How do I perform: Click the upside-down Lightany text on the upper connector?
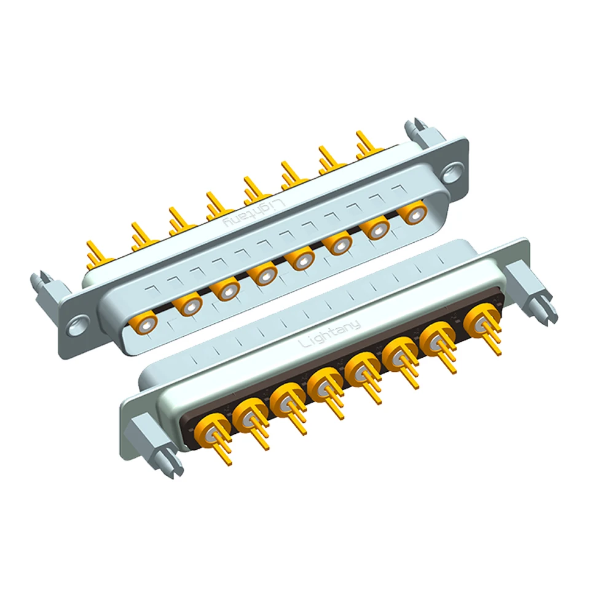coord(254,213)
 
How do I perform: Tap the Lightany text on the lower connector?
coord(329,334)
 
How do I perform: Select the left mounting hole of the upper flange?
coord(78,325)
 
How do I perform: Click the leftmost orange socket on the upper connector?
coord(143,323)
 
